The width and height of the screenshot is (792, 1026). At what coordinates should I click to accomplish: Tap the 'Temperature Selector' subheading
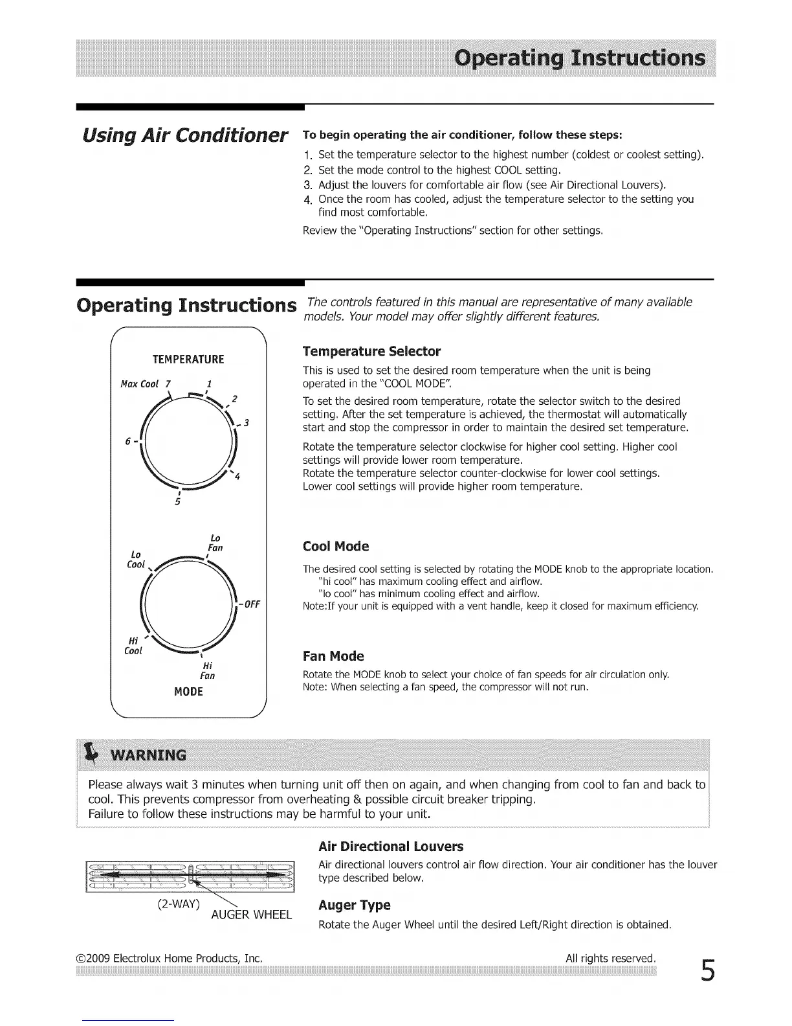click(x=371, y=352)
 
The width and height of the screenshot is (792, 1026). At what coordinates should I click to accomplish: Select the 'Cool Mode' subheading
click(x=336, y=547)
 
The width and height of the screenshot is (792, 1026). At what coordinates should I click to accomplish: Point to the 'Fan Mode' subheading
click(x=333, y=656)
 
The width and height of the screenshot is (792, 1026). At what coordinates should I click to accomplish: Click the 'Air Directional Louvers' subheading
click(x=391, y=847)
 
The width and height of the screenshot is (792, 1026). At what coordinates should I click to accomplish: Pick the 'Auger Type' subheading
click(x=355, y=905)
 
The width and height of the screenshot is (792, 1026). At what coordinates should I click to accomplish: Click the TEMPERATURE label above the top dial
click(x=188, y=359)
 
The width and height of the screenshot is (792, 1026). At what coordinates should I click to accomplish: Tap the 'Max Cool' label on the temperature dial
click(x=140, y=384)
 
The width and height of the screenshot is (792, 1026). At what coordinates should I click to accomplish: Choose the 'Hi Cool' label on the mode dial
click(x=133, y=645)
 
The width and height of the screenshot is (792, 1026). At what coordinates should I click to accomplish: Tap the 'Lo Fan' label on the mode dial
click(x=215, y=543)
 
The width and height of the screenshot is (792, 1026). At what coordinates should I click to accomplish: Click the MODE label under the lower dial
click(x=188, y=692)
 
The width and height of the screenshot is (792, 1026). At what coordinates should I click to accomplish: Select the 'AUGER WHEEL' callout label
click(x=252, y=915)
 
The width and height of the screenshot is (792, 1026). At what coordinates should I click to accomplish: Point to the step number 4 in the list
click(x=307, y=199)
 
